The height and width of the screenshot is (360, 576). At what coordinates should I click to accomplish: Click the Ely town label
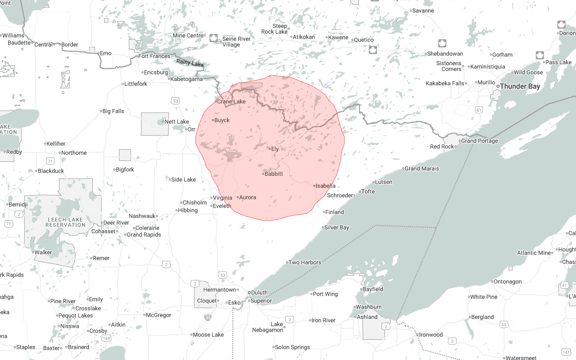click(x=275, y=149)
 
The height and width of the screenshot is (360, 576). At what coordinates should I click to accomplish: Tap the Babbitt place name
click(x=274, y=174)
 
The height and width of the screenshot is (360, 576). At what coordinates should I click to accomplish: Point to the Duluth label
click(x=259, y=292)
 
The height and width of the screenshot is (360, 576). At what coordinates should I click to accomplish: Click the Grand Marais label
click(x=421, y=169)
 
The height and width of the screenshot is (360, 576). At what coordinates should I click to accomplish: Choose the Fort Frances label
click(x=154, y=56)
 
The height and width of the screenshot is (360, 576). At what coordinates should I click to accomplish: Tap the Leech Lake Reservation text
click(x=66, y=222)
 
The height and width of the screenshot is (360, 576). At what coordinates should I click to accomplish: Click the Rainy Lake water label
click(x=189, y=63)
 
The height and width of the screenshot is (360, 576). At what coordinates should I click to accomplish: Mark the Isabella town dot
click(x=314, y=186)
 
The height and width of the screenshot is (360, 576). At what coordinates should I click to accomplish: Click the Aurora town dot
click(x=238, y=197)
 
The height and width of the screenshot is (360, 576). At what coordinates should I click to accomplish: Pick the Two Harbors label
click(x=305, y=262)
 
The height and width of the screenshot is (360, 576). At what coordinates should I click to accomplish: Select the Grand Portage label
click(x=479, y=141)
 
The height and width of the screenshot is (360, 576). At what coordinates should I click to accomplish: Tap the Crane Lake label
click(x=231, y=101)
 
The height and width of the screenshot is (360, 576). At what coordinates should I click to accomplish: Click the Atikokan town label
click(x=304, y=37)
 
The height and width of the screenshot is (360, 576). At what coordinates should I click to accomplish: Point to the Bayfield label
click(x=373, y=289)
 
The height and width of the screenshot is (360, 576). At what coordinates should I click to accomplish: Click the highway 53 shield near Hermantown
click(x=222, y=275)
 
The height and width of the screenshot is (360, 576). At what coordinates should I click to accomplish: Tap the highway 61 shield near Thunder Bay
click(x=478, y=110)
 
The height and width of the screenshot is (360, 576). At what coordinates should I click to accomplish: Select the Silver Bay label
click(x=337, y=227)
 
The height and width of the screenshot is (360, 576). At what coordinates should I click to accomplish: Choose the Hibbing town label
click(x=188, y=210)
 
